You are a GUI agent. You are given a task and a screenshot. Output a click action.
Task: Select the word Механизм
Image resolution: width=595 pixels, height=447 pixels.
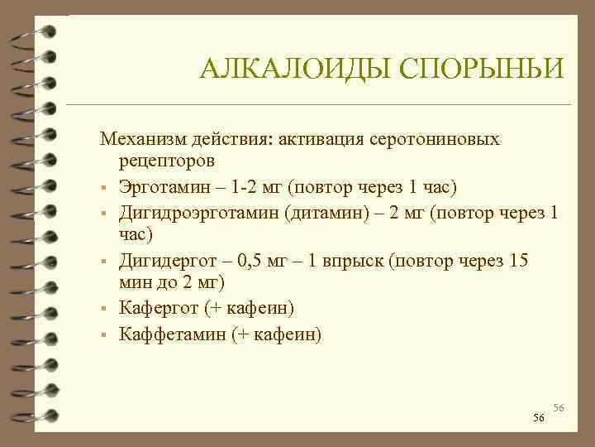pos(137,137)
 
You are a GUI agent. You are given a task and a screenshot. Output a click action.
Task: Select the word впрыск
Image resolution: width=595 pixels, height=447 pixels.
pos(353,262)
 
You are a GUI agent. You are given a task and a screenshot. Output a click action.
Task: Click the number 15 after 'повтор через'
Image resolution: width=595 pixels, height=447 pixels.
pos(518,262)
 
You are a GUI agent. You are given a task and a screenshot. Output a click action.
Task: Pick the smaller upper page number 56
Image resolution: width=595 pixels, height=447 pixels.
pos(559,408)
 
